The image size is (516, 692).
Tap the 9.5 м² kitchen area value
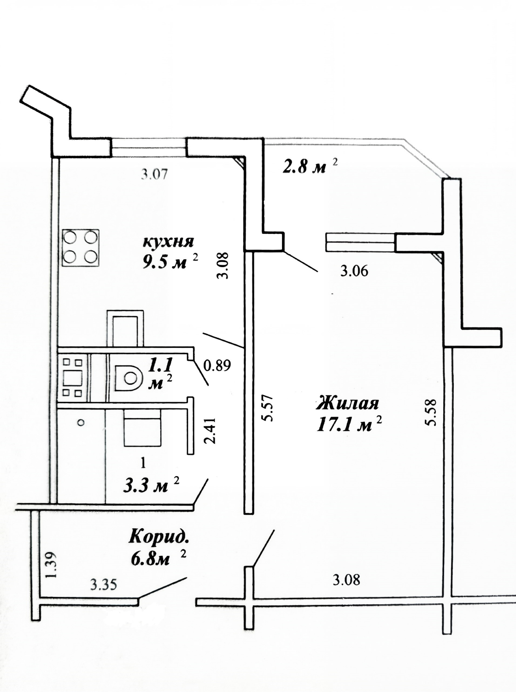point(170,261)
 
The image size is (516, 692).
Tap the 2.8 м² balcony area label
point(310,167)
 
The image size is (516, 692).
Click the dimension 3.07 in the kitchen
point(154,174)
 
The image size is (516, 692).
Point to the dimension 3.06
point(354,271)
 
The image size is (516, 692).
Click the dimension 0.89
point(217,365)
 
